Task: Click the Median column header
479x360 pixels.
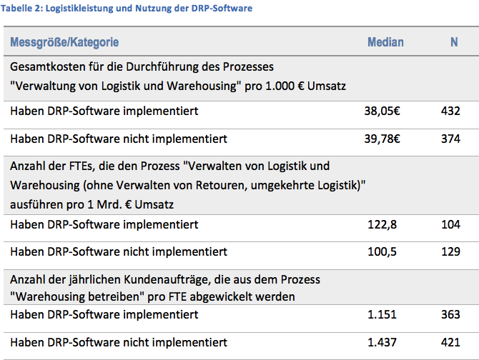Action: pos(385,42)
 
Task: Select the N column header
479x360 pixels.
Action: pos(454,42)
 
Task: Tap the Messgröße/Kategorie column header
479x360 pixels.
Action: pos(64,42)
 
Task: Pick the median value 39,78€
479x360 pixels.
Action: pos(382,139)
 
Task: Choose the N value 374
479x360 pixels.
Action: pos(450,139)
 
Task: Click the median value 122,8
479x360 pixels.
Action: pos(380,224)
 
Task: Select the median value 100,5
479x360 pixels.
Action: pos(380,251)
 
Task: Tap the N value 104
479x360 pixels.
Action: pos(450,224)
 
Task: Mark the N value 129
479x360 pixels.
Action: pos(450,251)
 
